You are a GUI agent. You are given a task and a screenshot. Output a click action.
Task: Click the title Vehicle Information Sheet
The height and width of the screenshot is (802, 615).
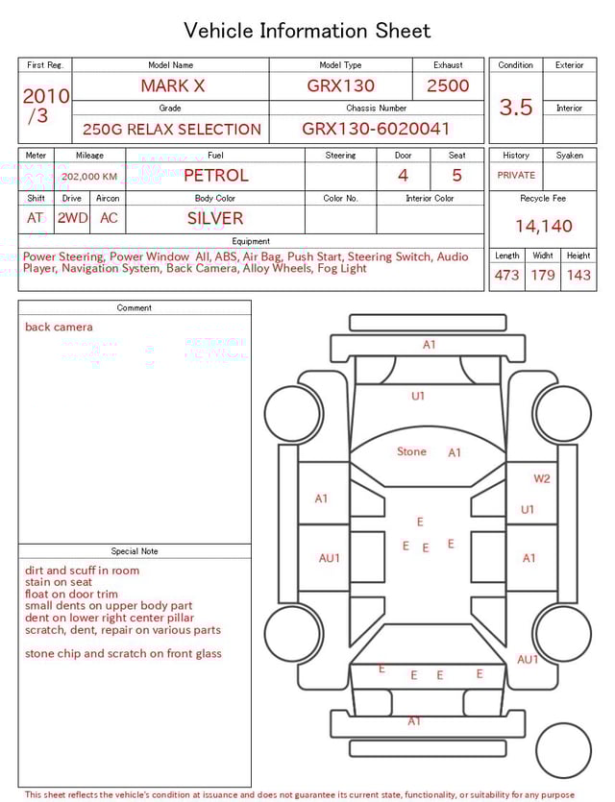[307, 31]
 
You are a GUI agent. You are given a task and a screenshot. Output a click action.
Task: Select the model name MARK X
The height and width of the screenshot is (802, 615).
[173, 85]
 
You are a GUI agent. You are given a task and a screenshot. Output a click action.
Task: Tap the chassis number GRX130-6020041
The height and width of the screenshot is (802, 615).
[376, 129]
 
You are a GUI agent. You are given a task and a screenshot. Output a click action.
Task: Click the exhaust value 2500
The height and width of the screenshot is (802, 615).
[448, 85]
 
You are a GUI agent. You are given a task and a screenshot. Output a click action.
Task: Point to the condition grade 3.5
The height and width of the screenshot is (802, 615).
[516, 108]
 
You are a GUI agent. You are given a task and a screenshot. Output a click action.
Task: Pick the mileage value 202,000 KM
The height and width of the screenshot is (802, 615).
[89, 177]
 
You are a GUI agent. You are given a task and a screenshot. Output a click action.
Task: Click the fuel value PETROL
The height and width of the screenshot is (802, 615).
[216, 176]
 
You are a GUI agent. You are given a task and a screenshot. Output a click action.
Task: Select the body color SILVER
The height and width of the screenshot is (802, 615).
[215, 218]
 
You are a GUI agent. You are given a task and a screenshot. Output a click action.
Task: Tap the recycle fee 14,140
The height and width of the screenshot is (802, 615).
[543, 227]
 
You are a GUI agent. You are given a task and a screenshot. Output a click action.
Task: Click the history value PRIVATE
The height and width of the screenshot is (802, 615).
[516, 176]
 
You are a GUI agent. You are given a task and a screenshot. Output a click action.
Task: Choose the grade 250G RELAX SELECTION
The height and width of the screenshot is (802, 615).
[172, 129]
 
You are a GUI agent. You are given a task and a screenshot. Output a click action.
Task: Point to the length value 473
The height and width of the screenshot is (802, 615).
[506, 276]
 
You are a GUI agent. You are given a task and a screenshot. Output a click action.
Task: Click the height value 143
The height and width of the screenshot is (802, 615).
[578, 276]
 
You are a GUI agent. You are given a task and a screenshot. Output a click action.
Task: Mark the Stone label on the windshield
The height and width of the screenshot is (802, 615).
[411, 451]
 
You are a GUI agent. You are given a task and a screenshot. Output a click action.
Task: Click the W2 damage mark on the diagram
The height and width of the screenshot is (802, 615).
[542, 478]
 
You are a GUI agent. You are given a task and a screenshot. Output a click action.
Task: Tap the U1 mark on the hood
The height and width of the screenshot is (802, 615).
[418, 396]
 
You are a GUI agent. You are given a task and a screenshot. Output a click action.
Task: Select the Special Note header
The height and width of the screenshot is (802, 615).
[135, 551]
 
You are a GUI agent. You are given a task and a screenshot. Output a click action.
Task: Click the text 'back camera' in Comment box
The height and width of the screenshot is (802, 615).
[59, 328]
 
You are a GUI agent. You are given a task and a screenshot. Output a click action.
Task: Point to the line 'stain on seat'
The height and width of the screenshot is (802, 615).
[59, 582]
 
